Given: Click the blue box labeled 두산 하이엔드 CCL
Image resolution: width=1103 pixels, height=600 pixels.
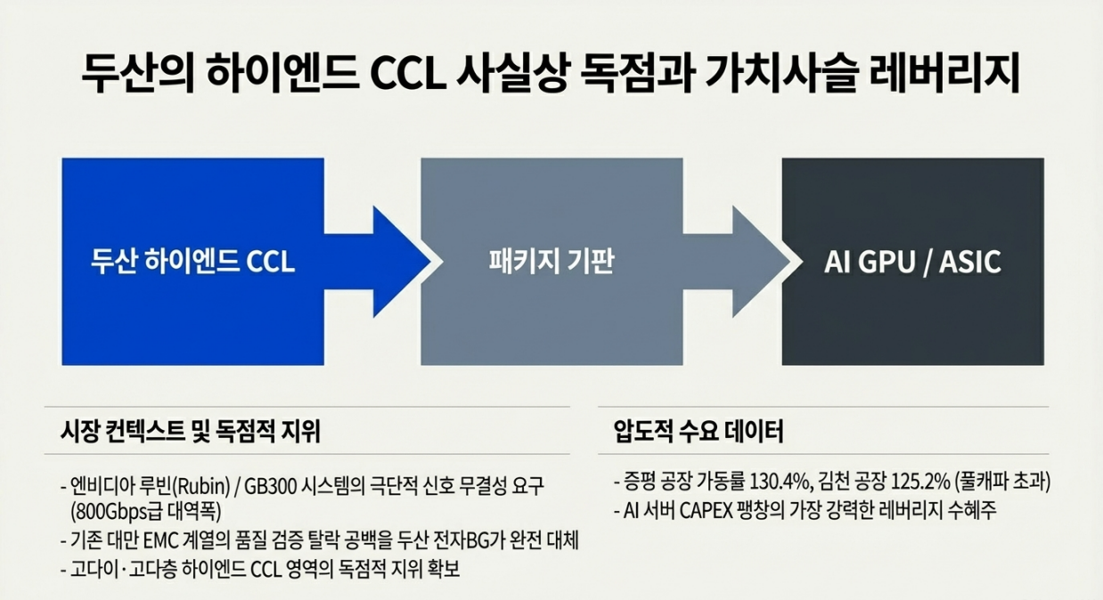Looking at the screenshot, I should tap(192, 262).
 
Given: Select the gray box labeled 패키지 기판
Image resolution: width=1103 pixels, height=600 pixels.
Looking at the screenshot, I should tap(551, 262).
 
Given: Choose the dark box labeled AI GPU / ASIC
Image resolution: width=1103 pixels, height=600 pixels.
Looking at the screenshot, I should tap(912, 262).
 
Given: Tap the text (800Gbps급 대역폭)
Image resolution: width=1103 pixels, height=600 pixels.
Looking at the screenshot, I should tap(143, 511).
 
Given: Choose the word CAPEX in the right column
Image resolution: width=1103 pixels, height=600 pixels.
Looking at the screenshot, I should tap(713, 511).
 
